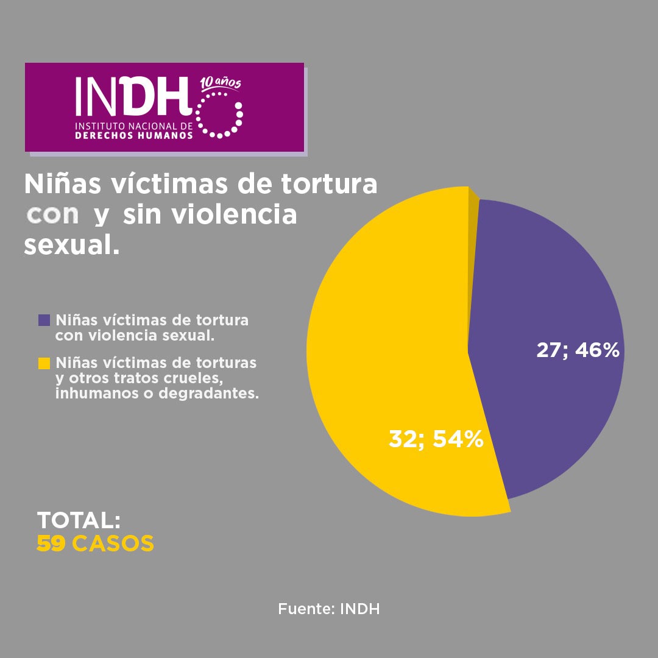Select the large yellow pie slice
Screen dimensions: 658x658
390,341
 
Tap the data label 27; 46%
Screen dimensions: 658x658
578,350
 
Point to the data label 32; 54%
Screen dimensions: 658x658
436,439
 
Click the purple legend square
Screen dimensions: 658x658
44,320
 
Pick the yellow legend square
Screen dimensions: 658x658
44,363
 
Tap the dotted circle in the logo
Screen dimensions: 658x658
219,115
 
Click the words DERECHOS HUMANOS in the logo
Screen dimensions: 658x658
133,135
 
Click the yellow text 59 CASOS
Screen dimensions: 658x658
95,543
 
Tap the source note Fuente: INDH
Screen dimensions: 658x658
329,609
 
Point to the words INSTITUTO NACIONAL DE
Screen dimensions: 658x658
133,126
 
